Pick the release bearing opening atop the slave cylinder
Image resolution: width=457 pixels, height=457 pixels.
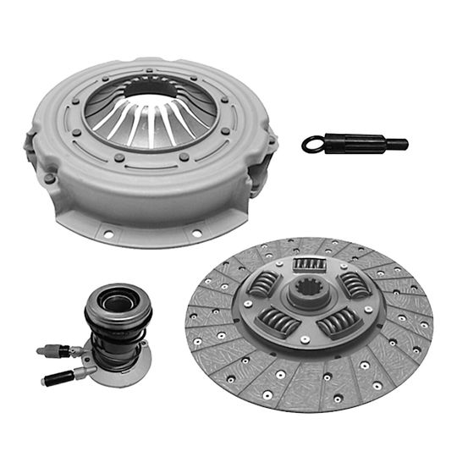click(x=114, y=300)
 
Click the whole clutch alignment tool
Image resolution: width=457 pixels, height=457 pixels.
click(x=354, y=144)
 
